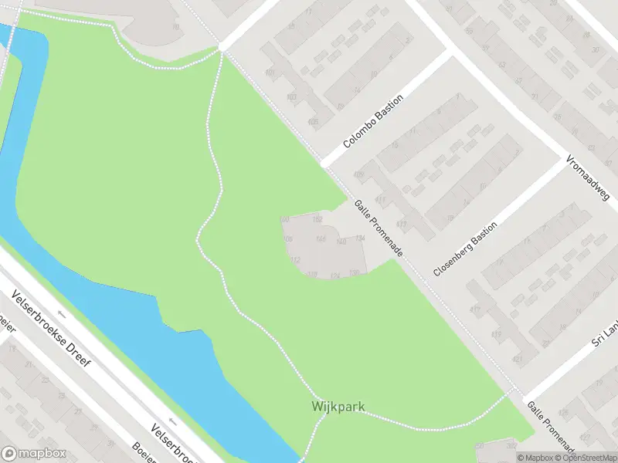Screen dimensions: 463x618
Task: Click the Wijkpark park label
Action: click(338, 406)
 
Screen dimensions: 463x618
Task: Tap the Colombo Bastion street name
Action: click(374, 127)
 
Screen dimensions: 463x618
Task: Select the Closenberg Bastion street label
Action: click(465, 245)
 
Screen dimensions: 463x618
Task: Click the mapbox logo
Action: click(33, 454)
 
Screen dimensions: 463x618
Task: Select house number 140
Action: click(341, 242)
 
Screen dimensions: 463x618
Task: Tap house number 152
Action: click(317, 220)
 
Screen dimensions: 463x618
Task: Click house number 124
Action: click(334, 275)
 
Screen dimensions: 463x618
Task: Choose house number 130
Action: click(354, 272)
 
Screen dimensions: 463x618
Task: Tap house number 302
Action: click(509, 444)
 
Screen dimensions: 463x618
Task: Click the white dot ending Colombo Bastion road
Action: click(324, 164)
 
